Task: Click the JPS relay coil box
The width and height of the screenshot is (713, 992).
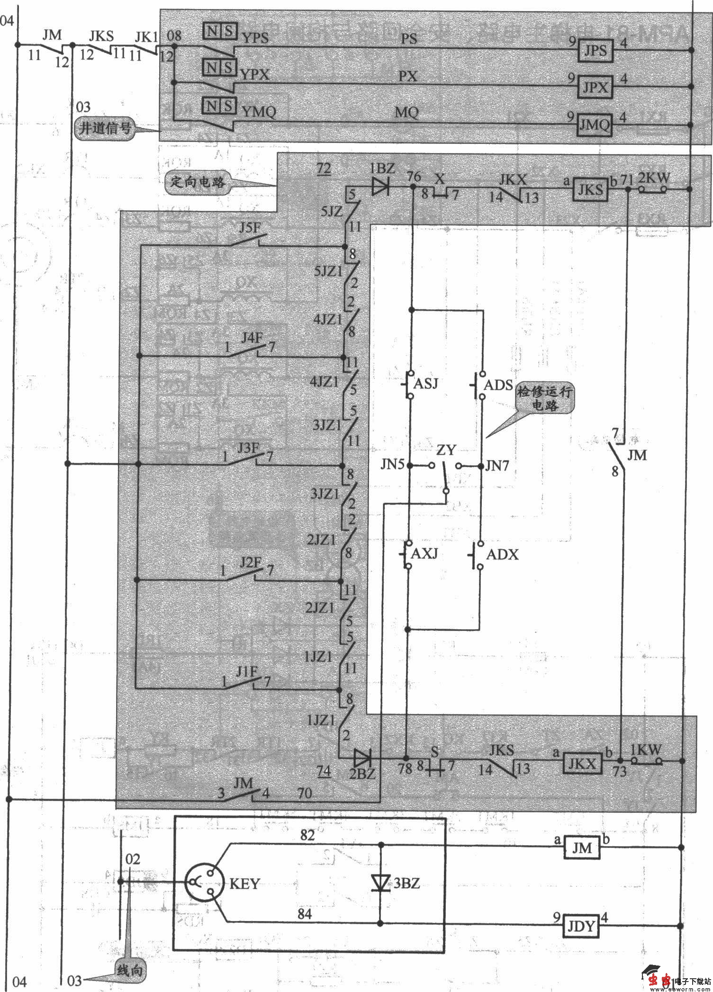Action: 595,50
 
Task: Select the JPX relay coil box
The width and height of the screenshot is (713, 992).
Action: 596,86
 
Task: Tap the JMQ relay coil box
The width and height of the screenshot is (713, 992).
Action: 595,125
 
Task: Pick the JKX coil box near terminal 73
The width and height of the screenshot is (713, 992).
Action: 582,763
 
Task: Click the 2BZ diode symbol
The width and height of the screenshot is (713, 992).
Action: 363,758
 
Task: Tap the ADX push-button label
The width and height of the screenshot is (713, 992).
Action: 502,554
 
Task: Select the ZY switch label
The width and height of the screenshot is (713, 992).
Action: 446,451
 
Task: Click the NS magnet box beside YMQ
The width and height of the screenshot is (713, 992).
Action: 219,106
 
